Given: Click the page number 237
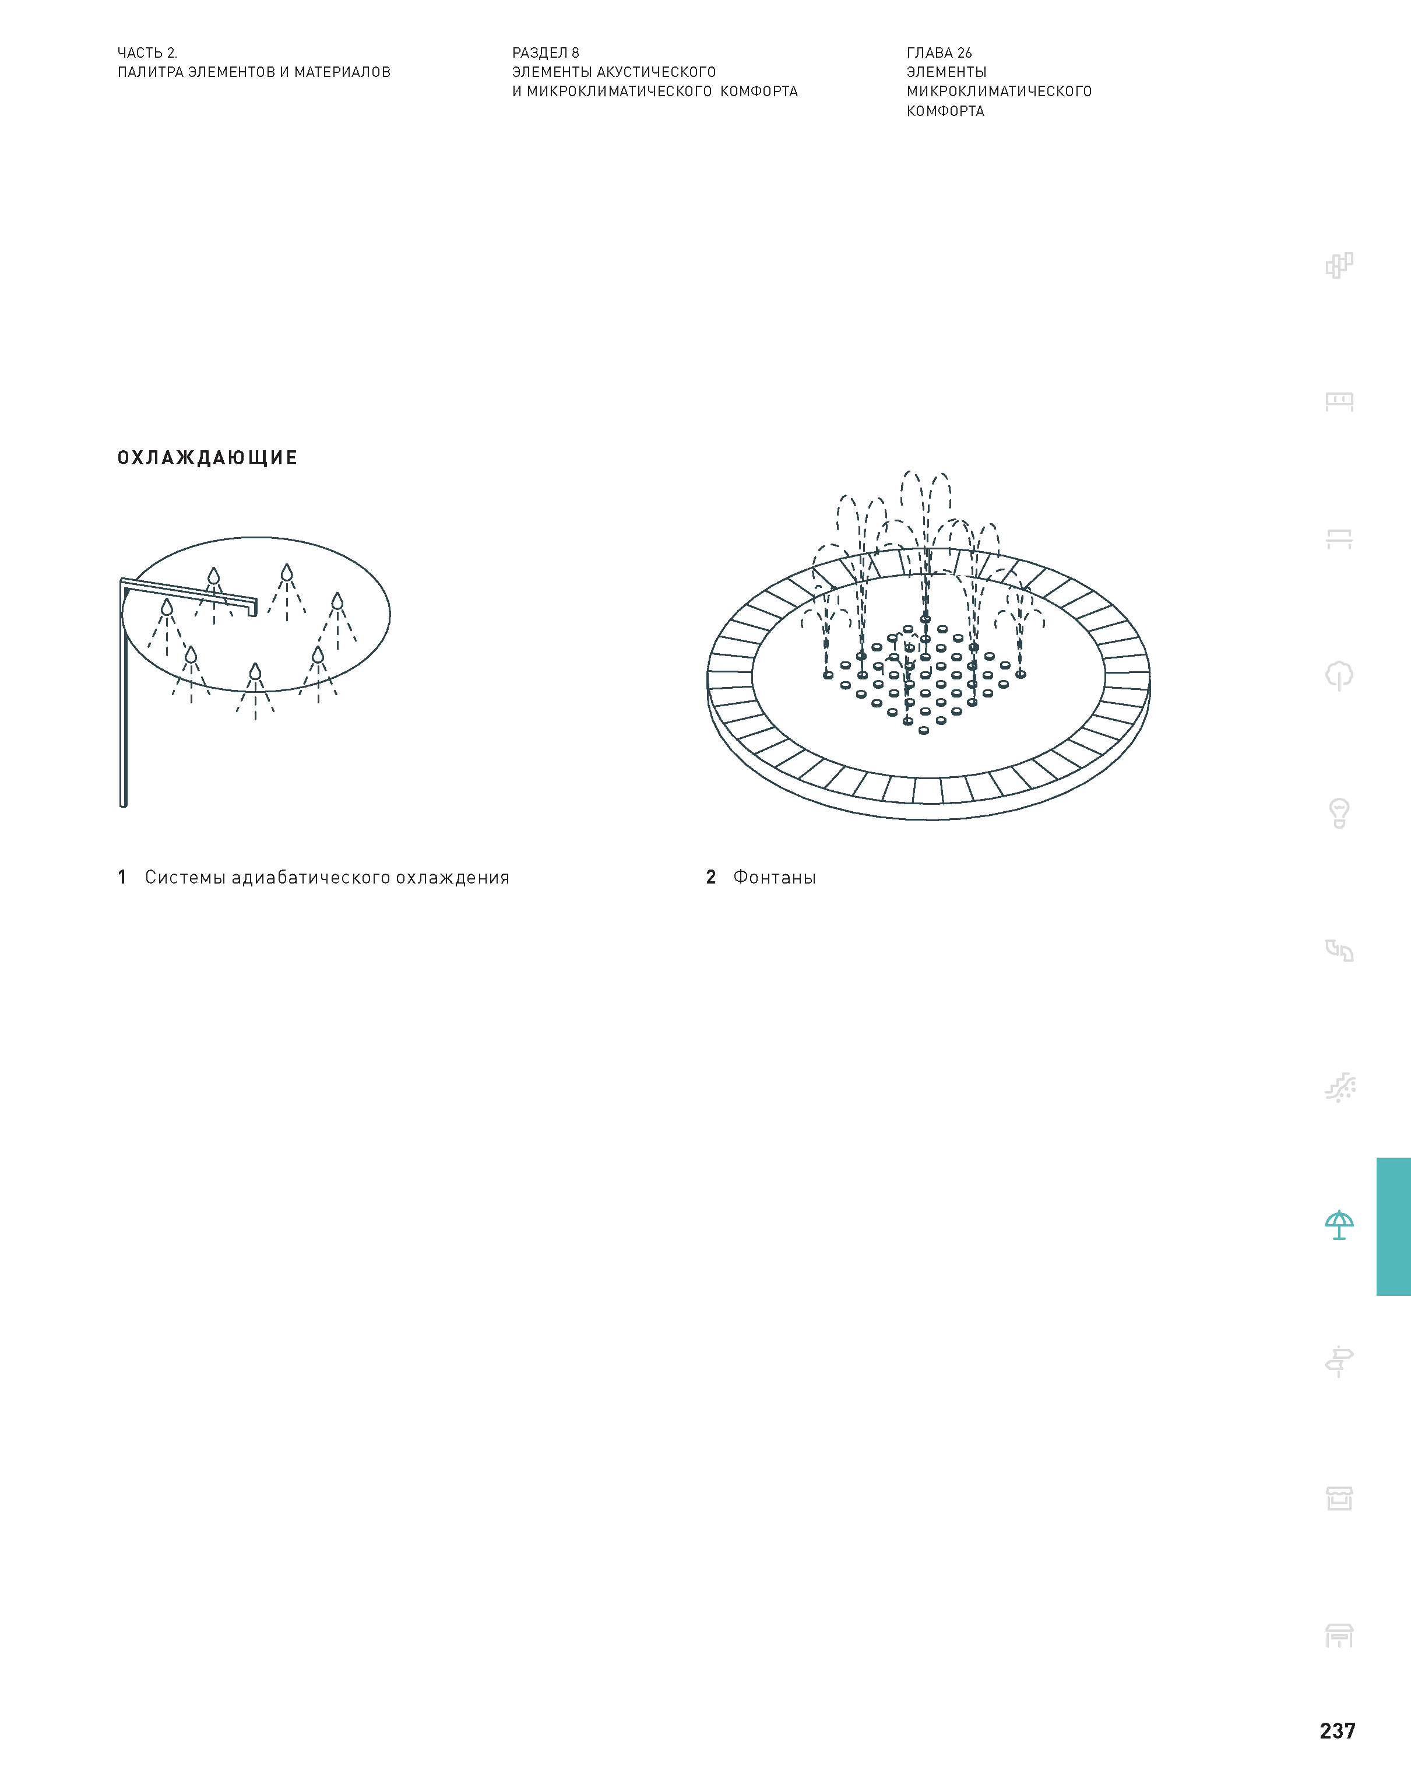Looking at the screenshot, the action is pos(1338,1731).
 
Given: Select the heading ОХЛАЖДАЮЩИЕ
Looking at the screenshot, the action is pos(207,458).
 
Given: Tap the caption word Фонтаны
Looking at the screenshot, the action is pos(774,877).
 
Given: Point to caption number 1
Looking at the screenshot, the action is pos(122,877).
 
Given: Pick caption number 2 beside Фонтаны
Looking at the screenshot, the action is pos(710,877).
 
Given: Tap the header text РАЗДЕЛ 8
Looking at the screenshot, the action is pos(546,53).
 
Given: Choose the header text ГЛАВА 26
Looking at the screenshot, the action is pos(940,53).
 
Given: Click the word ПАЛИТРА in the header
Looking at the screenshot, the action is pos(150,72).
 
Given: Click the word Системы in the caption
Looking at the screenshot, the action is pos(186,877).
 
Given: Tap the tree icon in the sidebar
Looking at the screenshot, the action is pos(1339,676).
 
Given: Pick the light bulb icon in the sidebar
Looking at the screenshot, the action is pos(1339,813).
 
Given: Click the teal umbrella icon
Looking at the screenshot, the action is pos(1339,1225).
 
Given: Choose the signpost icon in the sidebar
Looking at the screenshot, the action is pos(1339,1361).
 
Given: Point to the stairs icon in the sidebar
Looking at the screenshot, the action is pos(1340,1088).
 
